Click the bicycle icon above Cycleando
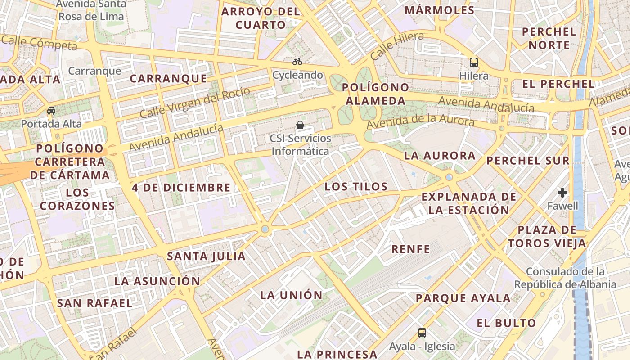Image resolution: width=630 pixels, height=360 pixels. [x=297, y=62]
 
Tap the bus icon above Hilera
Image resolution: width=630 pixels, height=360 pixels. [x=473, y=62]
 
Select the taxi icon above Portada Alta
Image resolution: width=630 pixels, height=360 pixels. [x=51, y=111]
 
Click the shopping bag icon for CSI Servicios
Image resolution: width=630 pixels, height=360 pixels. [x=300, y=125]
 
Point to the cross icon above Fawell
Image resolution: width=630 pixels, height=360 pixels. [x=562, y=193]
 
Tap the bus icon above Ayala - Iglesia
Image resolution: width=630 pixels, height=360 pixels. [x=422, y=333]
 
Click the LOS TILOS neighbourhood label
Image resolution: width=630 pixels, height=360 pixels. [x=356, y=187]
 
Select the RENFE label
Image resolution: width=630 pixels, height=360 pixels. [x=410, y=249]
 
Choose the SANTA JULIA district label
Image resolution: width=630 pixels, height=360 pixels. [x=206, y=256]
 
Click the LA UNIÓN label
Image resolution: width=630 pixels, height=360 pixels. [x=292, y=295]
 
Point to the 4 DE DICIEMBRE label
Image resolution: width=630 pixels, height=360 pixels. [x=181, y=188]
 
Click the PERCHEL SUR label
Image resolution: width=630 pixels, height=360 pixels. [x=528, y=161]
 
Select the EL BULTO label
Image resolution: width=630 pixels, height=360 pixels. [x=506, y=323]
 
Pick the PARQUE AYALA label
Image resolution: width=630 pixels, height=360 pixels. [x=463, y=298]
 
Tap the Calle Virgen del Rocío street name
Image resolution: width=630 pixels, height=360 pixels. [x=194, y=103]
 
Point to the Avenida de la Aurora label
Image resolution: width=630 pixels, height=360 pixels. [x=420, y=122]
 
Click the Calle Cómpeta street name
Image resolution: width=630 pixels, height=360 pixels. [x=39, y=43]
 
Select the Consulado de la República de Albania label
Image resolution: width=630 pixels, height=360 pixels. [x=565, y=278]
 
